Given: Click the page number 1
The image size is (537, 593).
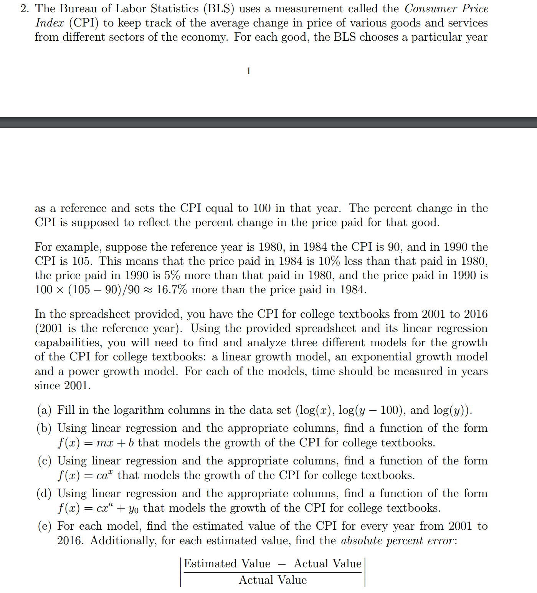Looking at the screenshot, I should pos(249,71).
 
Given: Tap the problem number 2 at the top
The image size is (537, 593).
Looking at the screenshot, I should pos(25,9).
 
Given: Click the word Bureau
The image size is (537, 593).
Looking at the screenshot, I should pos(78,9).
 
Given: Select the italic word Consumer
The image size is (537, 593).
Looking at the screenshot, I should pos(430,9).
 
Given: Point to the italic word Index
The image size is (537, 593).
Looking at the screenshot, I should pos(50,23).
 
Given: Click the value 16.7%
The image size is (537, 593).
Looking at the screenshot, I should pos(172,289).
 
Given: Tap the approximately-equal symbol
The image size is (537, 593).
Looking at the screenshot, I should pos(148,290).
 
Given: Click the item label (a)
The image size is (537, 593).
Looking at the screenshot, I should pos(44,410).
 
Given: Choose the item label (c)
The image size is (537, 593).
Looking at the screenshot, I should pos(44,461).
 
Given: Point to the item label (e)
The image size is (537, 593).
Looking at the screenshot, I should pos(44,526).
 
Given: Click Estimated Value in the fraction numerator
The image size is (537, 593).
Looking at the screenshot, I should pos(227,563).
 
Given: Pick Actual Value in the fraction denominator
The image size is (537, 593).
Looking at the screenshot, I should pos(273,580).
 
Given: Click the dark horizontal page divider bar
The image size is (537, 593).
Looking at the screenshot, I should pos(268,122).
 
